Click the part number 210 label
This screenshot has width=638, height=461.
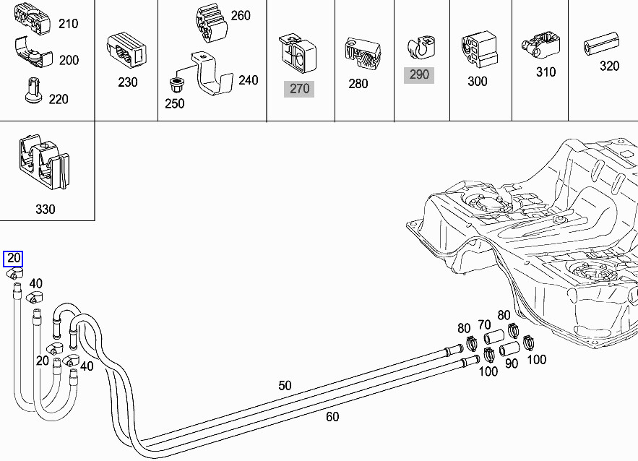[x=68, y=24]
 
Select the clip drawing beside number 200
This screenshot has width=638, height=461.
[x=33, y=54]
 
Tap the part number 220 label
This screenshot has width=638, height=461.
[x=59, y=98]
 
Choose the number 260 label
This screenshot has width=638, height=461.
[x=241, y=16]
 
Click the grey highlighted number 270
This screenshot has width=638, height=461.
[x=299, y=88]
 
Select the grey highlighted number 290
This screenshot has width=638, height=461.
[x=419, y=74]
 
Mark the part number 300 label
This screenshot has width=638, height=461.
[x=478, y=81]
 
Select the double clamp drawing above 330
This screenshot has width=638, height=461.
[x=43, y=164]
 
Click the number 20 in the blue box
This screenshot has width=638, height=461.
[x=13, y=259]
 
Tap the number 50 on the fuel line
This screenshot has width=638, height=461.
[x=285, y=386]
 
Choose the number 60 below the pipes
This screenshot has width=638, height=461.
[x=332, y=416]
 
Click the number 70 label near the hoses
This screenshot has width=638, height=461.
[x=484, y=324]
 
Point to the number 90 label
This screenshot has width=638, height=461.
[x=512, y=363]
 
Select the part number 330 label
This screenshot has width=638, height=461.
[x=45, y=210]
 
